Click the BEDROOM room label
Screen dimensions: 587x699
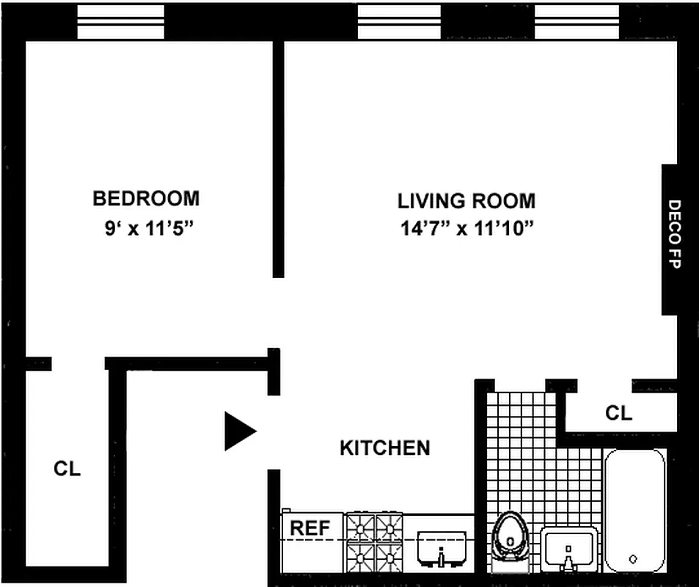pyautogui.click(x=146, y=198)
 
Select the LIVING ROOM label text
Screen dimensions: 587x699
pyautogui.click(x=466, y=200)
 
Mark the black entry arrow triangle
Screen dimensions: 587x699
pyautogui.click(x=239, y=431)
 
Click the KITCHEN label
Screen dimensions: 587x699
pyautogui.click(x=384, y=448)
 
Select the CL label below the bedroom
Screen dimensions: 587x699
pyautogui.click(x=67, y=469)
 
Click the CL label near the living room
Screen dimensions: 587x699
pyautogui.click(x=618, y=413)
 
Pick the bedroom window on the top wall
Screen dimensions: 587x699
pyautogui.click(x=121, y=22)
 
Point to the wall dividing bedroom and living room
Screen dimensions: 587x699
pyautogui.click(x=278, y=158)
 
